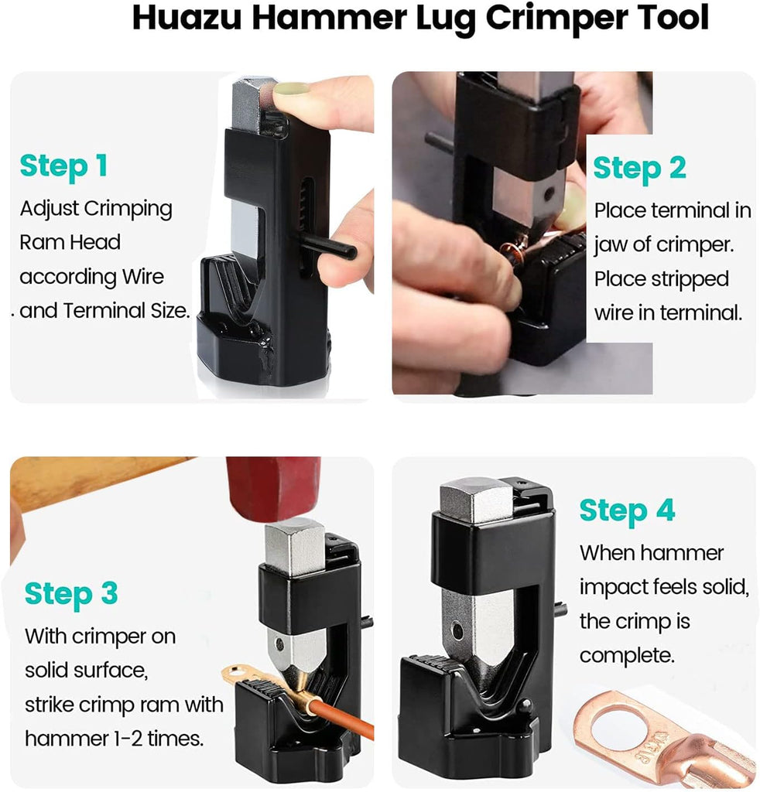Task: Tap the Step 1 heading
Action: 63,166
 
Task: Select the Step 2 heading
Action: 640,168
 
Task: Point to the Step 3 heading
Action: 71,594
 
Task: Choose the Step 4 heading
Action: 627,510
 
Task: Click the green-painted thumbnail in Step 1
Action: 290,89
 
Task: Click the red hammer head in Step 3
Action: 273,488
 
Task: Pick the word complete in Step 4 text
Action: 627,656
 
